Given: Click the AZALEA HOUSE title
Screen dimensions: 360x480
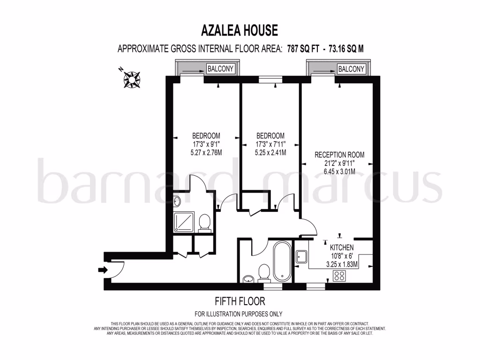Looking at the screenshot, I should [240, 30].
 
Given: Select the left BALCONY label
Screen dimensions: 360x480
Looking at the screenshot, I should [220, 69].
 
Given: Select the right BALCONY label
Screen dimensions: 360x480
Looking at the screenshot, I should [351, 69].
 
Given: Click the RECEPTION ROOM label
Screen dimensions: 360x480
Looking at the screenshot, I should [339, 155].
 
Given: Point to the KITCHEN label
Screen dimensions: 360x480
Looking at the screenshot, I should [342, 247].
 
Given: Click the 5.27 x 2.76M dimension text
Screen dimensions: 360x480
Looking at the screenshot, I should [206, 152].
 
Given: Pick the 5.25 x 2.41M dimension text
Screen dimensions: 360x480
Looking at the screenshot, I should [270, 152].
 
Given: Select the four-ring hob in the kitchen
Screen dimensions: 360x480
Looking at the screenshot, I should [338, 276].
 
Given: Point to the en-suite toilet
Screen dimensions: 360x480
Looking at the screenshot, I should [204, 222].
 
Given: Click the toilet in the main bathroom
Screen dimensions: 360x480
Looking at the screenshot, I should [264, 272].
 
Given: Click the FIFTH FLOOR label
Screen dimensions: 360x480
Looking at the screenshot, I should [239, 301].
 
